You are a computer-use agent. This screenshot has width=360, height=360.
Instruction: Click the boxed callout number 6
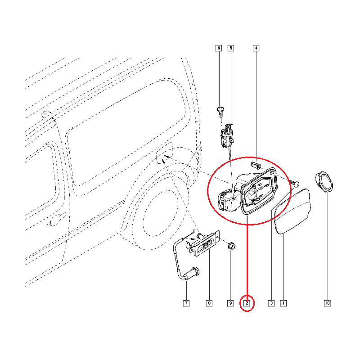219,48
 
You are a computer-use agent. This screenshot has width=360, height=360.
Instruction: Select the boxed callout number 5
231,48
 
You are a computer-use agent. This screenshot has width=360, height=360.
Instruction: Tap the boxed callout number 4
256,48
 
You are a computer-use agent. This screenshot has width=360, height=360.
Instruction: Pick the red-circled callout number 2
247,303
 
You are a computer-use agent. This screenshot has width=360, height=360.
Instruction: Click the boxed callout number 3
271,303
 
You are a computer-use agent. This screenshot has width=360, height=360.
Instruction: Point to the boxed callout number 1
283,303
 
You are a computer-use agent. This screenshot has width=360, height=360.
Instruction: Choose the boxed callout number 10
327,303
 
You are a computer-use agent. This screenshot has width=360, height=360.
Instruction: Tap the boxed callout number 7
186,303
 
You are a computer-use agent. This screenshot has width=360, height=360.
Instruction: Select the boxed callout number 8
209,303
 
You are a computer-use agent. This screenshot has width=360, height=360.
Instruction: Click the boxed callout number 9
230,303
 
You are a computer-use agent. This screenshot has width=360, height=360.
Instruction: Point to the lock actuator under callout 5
227,135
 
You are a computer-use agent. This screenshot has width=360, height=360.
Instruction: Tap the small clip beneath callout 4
255,165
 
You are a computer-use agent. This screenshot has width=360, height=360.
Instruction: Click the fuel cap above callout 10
324,181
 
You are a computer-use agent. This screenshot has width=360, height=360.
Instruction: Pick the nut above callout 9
231,246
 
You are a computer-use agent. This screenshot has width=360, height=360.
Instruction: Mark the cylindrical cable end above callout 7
192,274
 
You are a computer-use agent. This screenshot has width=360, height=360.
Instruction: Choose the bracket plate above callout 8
205,243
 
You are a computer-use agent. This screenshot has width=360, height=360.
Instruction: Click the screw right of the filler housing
295,183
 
